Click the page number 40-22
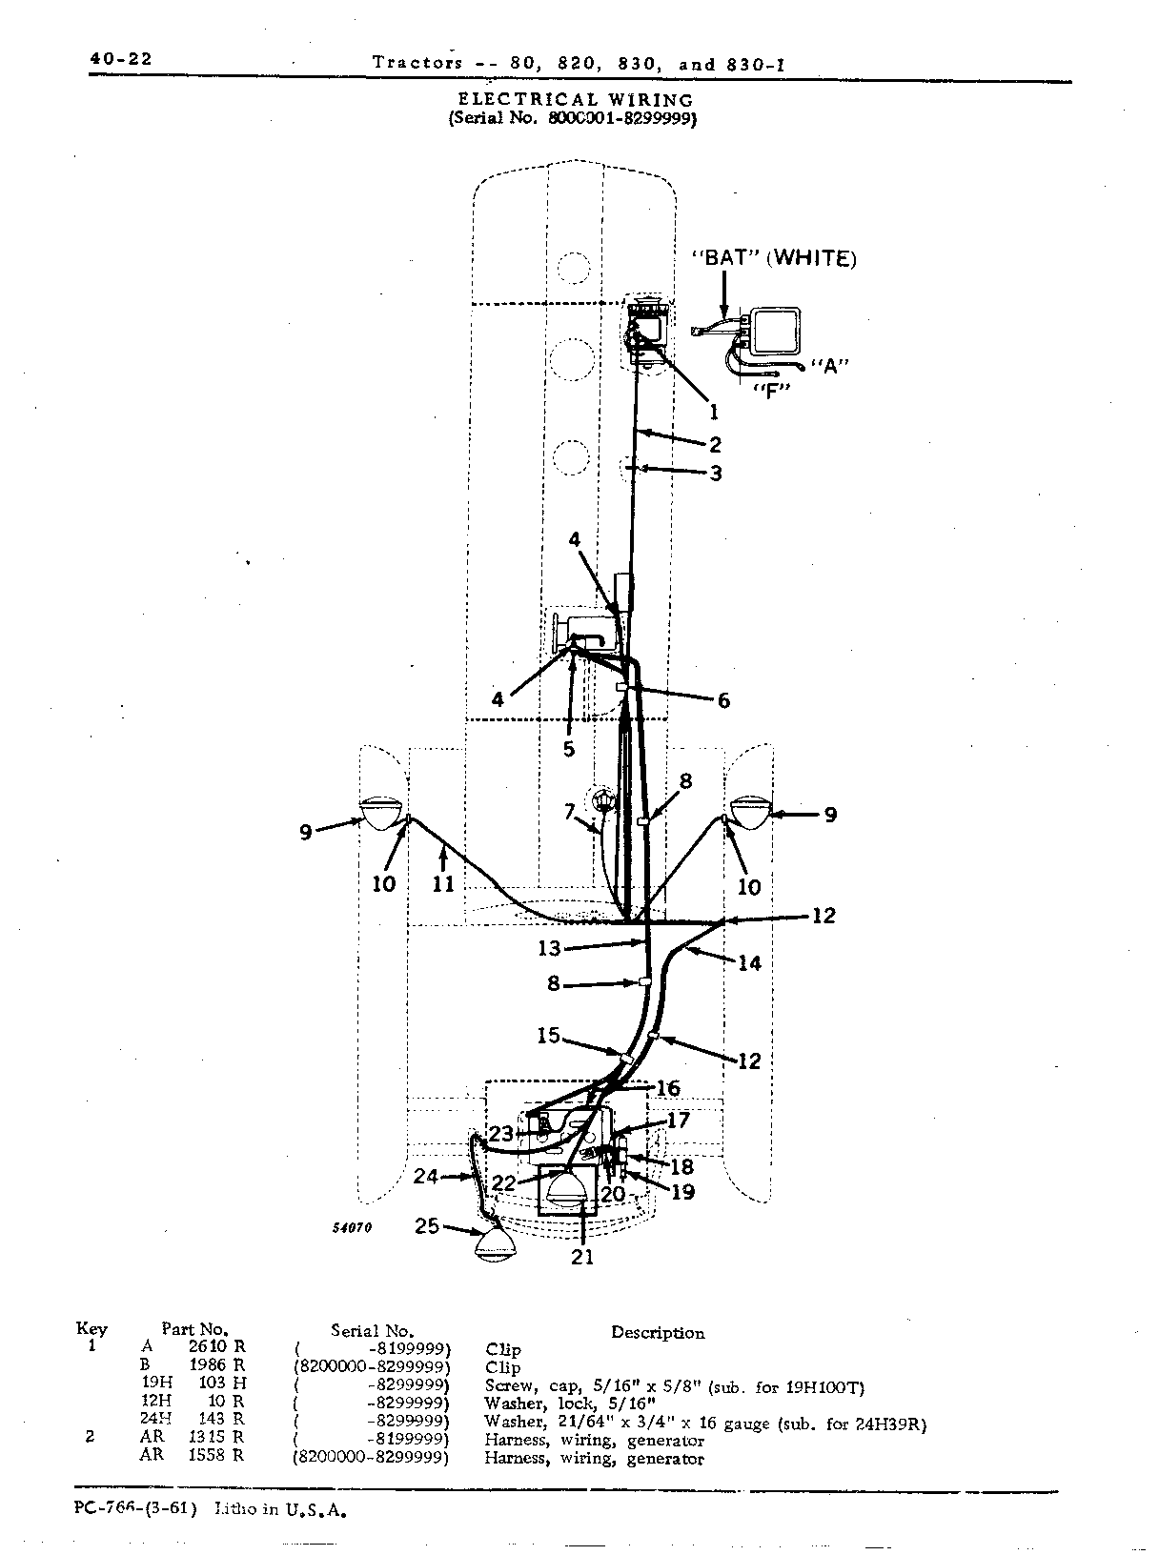coord(121,59)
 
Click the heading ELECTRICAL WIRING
coord(576,100)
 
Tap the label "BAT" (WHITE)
coord(775,258)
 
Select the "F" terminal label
coord(772,391)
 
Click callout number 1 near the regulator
coord(714,413)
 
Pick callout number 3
coord(716,474)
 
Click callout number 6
coord(723,699)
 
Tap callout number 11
coord(443,884)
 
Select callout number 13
coord(549,949)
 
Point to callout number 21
coord(582,1257)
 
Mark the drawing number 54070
coord(353,1227)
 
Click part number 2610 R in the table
coord(217,1346)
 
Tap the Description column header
coord(658,1333)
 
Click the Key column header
coord(91,1329)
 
